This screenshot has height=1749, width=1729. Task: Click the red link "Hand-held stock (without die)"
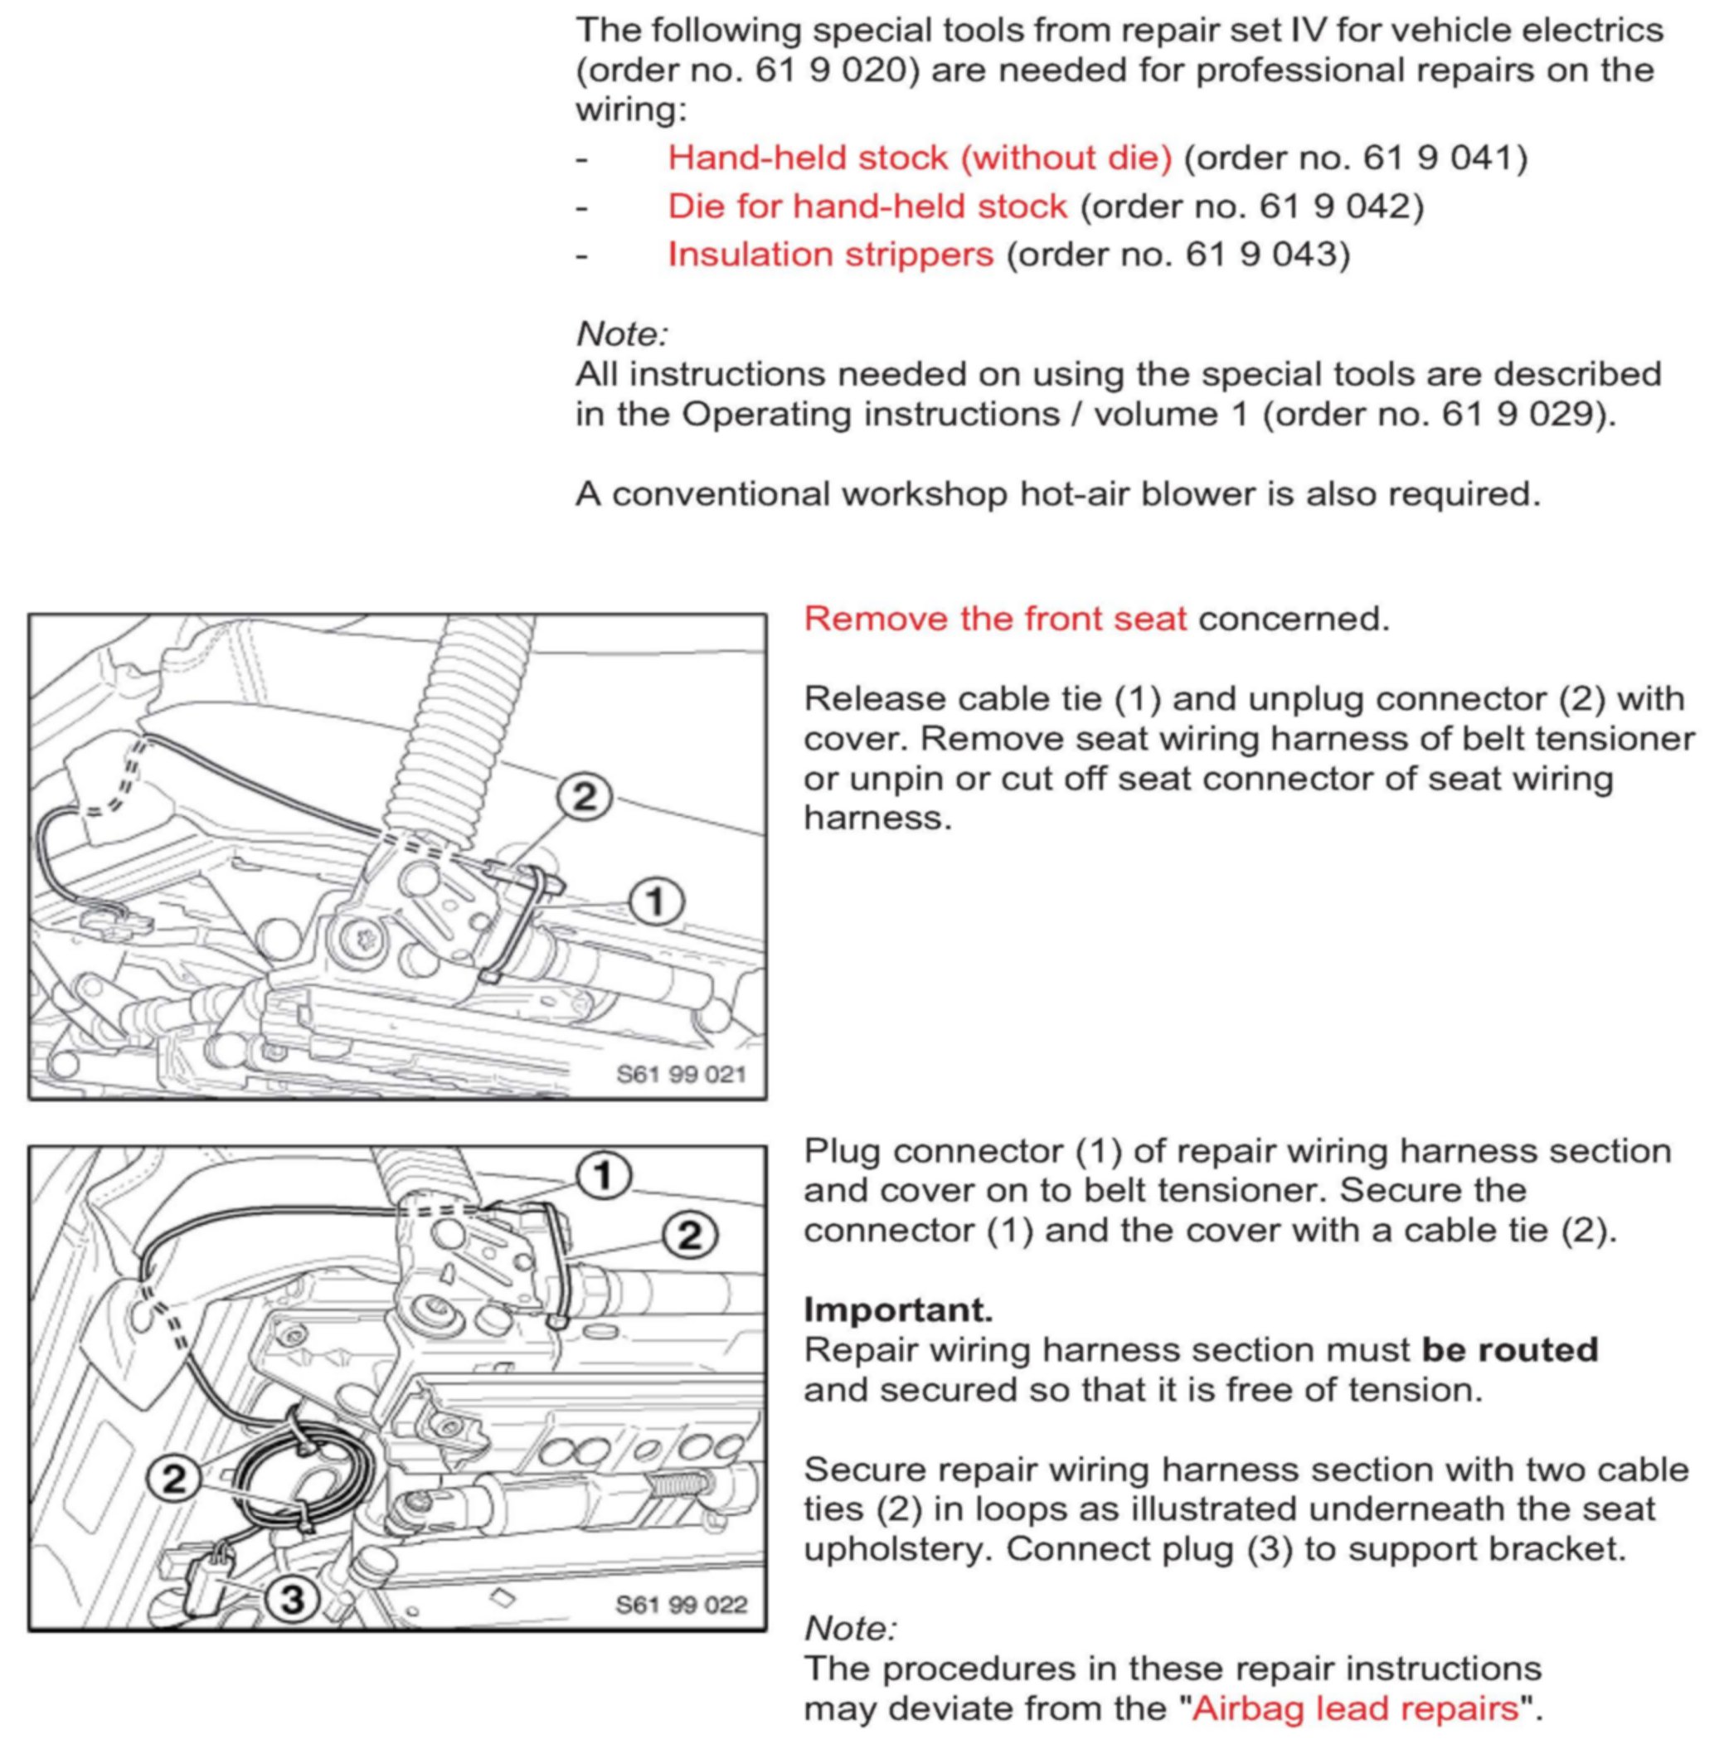tap(919, 158)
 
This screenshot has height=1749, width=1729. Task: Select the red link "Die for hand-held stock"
tap(867, 206)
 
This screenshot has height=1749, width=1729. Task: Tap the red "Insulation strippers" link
tap(830, 255)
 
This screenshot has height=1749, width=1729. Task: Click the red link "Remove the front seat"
tap(994, 619)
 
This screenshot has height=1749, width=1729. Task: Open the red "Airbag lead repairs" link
tap(1354, 1708)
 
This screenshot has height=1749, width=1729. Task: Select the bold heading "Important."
tap(898, 1310)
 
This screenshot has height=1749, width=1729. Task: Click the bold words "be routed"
tap(1509, 1350)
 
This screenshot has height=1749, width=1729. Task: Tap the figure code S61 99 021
tap(681, 1075)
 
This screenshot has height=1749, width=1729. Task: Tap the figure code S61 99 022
tap(681, 1605)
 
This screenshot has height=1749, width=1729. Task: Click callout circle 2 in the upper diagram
tap(585, 798)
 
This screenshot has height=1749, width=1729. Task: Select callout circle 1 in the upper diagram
tap(655, 901)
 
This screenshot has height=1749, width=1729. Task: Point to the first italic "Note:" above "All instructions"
tap(622, 334)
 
